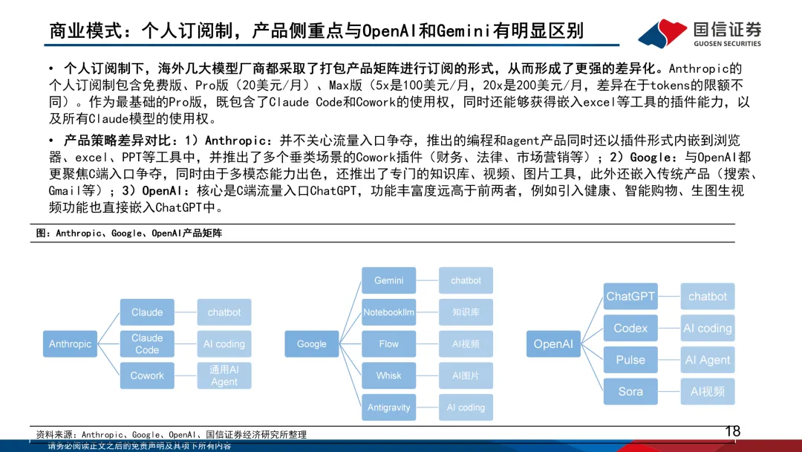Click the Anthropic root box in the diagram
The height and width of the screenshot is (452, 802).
pyautogui.click(x=71, y=344)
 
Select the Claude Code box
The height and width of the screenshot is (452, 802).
pyautogui.click(x=147, y=344)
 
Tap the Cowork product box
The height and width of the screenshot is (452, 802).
pyautogui.click(x=147, y=375)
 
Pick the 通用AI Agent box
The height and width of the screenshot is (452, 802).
pyautogui.click(x=224, y=375)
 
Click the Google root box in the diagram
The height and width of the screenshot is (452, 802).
pyautogui.click(x=312, y=344)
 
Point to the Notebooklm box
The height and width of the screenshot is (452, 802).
pyautogui.click(x=389, y=312)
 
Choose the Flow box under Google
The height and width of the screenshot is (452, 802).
pyautogui.click(x=389, y=344)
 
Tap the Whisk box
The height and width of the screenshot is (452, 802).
pyautogui.click(x=389, y=375)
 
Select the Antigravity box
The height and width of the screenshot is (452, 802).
pyautogui.click(x=389, y=407)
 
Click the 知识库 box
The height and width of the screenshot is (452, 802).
pyautogui.click(x=466, y=312)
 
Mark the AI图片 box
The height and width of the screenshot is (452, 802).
pyautogui.click(x=466, y=375)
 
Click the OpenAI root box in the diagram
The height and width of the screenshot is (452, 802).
pyautogui.click(x=553, y=344)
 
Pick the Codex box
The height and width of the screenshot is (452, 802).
pyautogui.click(x=630, y=328)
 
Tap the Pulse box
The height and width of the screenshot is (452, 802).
pyautogui.click(x=630, y=360)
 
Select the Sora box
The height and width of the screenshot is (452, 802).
pyautogui.click(x=630, y=391)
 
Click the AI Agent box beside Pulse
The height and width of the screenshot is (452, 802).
pyautogui.click(x=708, y=360)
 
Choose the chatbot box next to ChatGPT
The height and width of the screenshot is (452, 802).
pyautogui.click(x=708, y=297)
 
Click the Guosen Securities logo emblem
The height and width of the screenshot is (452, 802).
pyautogui.click(x=662, y=33)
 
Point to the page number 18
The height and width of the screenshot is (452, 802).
pyautogui.click(x=732, y=431)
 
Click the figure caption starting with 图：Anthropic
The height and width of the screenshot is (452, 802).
pyautogui.click(x=129, y=233)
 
